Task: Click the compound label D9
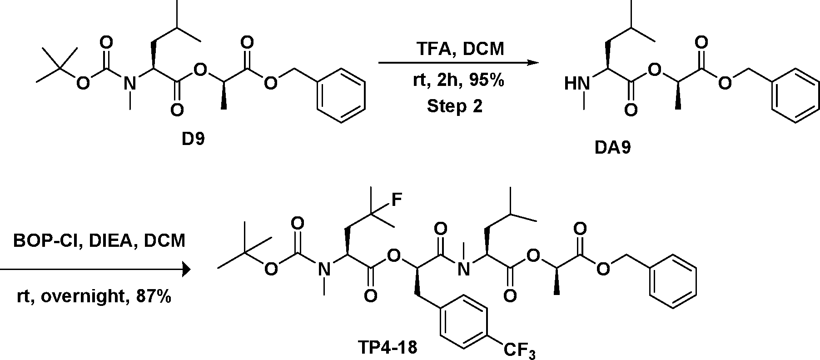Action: coord(194,139)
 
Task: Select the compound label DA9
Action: coord(613,148)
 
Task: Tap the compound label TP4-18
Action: coord(388,348)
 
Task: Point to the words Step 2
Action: coord(455,106)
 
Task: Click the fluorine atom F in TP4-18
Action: coord(397,200)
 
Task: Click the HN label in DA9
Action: coord(576,84)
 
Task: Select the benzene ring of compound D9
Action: coord(341,95)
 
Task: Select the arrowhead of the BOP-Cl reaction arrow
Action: coord(185,270)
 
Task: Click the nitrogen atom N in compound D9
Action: coord(130,83)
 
